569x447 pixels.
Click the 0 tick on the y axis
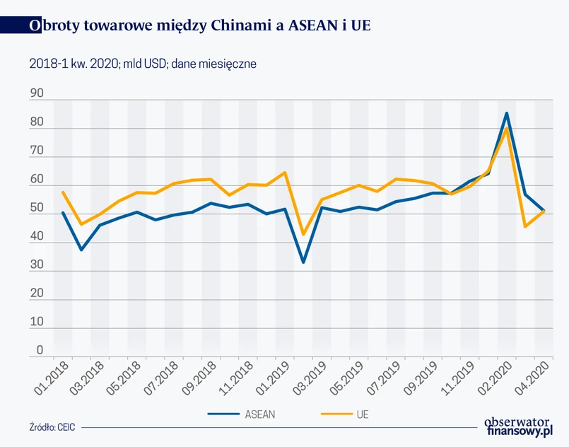[40, 349]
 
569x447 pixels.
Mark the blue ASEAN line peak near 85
[506, 113]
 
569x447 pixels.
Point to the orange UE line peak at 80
[506, 129]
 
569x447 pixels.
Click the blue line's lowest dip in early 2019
[303, 262]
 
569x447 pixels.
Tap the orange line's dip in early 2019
[303, 234]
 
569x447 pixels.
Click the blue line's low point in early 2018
[81, 250]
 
